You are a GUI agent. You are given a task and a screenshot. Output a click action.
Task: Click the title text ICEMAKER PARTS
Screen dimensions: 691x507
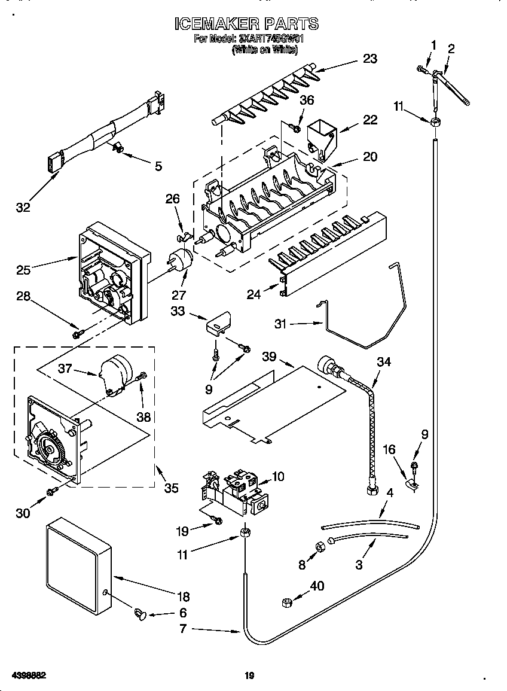tap(246, 23)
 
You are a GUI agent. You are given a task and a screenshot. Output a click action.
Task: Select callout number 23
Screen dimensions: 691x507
tap(370, 59)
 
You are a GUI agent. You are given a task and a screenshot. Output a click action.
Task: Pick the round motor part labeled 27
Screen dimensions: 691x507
tap(179, 261)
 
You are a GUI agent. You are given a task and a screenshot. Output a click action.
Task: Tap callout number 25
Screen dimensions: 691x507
tap(23, 270)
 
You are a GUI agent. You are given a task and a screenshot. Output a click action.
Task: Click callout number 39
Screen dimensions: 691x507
tap(270, 357)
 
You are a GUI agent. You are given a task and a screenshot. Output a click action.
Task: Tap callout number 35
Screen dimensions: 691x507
tap(171, 488)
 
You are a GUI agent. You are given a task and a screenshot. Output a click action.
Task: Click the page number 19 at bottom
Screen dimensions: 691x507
tap(250, 677)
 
